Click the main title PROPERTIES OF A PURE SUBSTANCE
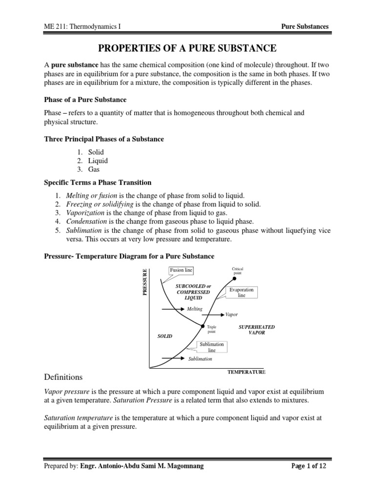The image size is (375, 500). (x=188, y=48)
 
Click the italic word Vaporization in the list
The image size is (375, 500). (x=85, y=212)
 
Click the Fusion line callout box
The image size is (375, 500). (x=182, y=270)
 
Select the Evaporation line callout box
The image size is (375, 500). (x=242, y=293)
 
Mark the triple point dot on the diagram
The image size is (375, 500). (x=203, y=326)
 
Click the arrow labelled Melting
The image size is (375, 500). (x=170, y=309)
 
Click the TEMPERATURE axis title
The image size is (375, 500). (x=247, y=372)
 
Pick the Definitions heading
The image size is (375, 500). (x=63, y=377)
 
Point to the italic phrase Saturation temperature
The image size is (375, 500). (x=78, y=418)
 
